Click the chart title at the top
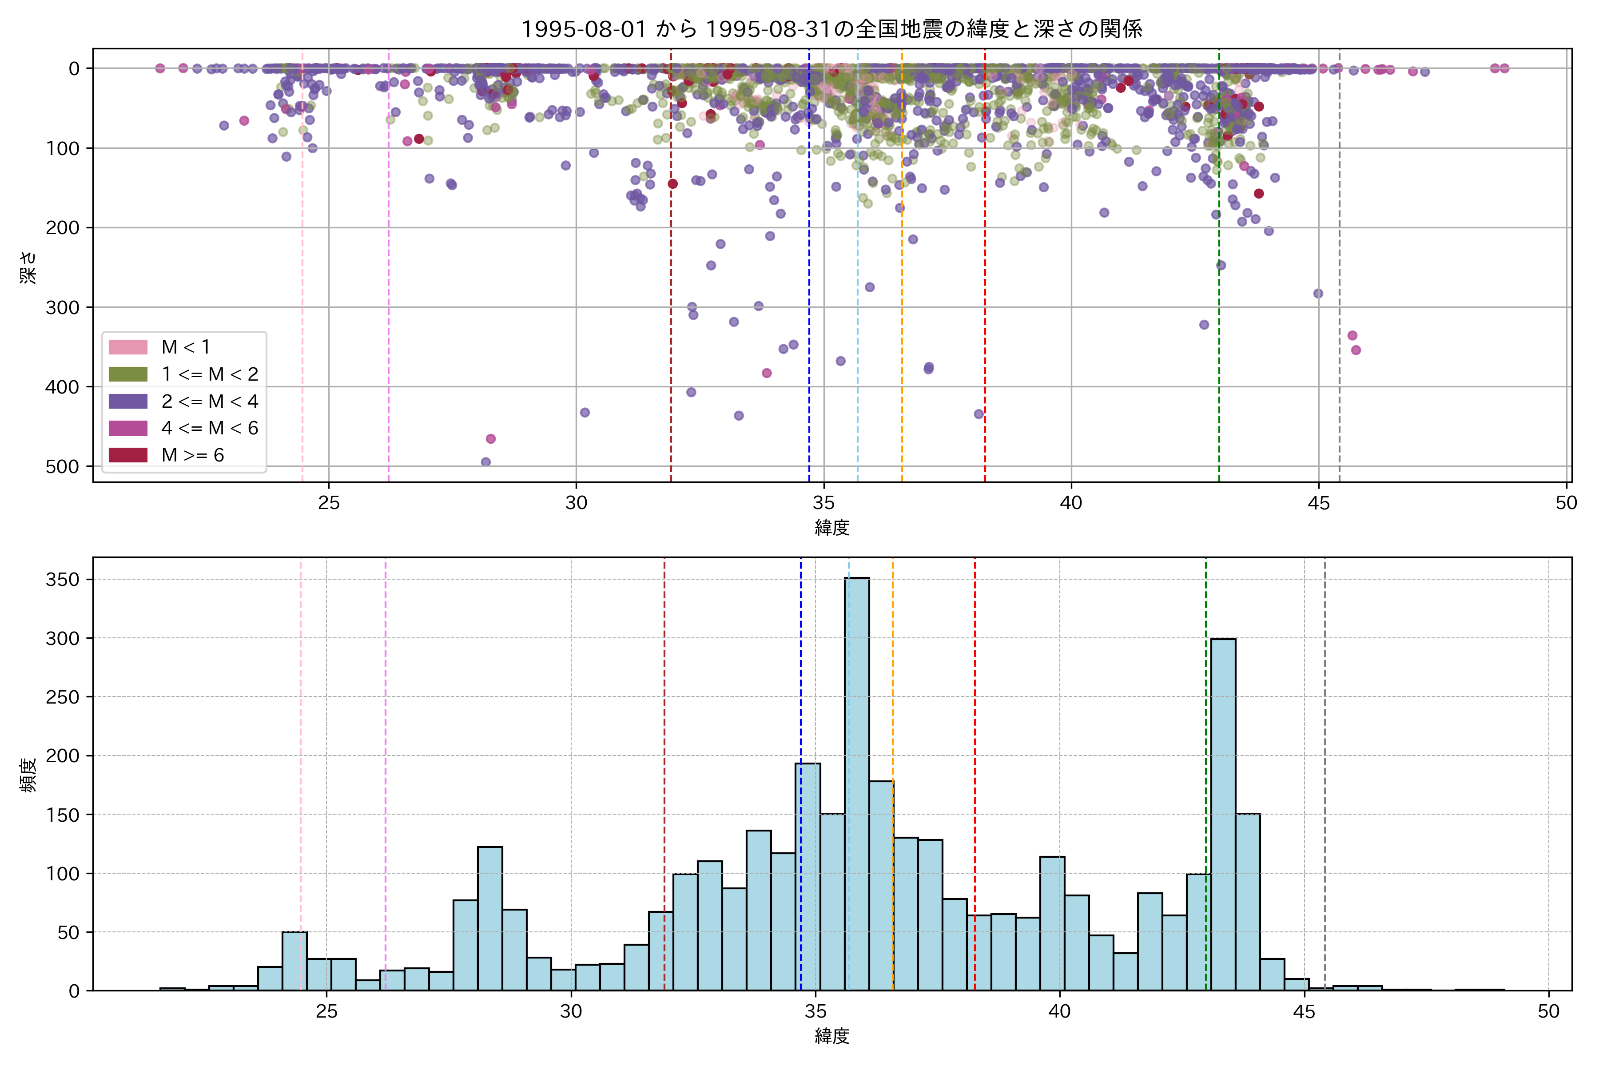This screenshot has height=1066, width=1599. [831, 28]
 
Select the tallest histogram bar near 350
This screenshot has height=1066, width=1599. [857, 782]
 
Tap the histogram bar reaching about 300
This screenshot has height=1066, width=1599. [1223, 816]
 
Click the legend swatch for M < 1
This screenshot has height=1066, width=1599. [128, 347]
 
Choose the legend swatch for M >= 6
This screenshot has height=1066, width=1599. [128, 455]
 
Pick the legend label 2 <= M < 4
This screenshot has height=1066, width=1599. [209, 401]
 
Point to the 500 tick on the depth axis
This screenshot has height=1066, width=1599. [63, 466]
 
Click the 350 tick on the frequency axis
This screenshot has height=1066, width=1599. [63, 579]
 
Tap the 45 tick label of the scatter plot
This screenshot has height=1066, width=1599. [1318, 503]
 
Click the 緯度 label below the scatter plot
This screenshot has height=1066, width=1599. [831, 527]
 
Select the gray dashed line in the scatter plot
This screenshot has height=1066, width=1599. [1339, 272]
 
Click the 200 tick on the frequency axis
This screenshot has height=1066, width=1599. [63, 756]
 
